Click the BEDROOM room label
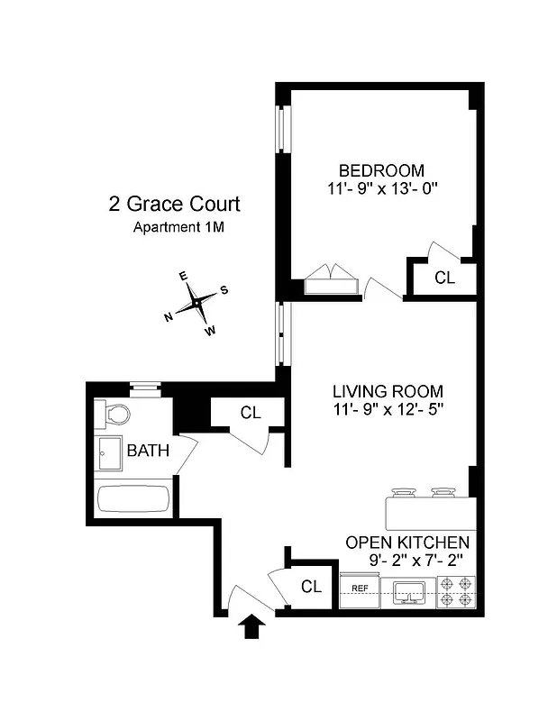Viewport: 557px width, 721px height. tap(380, 170)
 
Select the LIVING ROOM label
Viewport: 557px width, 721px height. tap(388, 391)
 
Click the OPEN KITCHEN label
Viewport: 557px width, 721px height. tap(407, 543)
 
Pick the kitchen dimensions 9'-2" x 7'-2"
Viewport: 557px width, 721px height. tap(415, 560)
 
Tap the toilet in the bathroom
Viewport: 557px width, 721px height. tap(114, 414)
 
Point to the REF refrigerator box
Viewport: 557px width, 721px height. tap(360, 589)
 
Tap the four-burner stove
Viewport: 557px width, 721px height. tap(455, 591)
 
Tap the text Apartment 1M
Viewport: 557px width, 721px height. tap(178, 227)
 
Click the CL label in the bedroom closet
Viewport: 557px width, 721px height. tap(444, 278)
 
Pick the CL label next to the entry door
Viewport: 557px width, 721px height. tap(311, 587)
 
